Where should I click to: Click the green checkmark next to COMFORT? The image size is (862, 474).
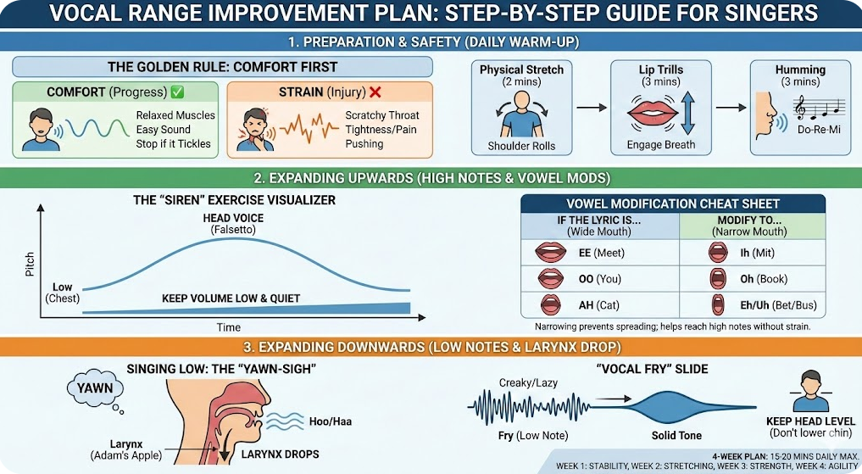(x=177, y=92)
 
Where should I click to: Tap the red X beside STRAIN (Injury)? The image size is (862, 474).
(x=375, y=92)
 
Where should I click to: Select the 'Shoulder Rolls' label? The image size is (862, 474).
(x=521, y=146)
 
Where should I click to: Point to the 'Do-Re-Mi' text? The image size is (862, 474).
(x=819, y=131)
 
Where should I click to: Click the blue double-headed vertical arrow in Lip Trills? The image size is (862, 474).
(x=687, y=114)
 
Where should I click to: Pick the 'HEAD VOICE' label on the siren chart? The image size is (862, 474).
(x=233, y=218)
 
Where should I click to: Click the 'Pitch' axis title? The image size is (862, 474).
(x=30, y=264)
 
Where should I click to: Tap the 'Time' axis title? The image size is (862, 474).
(x=229, y=328)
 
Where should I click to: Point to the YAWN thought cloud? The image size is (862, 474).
(x=95, y=388)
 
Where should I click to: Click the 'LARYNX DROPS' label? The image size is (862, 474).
(x=280, y=454)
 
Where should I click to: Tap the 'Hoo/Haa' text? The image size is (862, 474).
(x=330, y=421)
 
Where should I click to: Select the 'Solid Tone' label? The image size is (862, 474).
(x=676, y=436)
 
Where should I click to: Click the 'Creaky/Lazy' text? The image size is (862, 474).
(x=528, y=382)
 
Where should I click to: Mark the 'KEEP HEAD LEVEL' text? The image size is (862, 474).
(x=810, y=421)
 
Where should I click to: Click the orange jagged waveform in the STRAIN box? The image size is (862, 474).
(x=309, y=128)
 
